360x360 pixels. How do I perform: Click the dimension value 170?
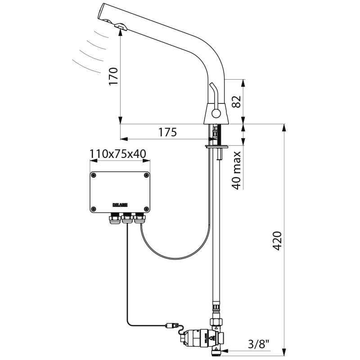point(114,76)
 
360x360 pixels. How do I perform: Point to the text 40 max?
point(237,170)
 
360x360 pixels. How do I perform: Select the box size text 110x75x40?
point(117,154)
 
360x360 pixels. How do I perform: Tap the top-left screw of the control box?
point(94,175)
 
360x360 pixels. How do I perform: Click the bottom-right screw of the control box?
point(147,208)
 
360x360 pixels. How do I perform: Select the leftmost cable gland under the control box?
point(114,218)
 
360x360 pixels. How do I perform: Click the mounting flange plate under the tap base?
point(218,146)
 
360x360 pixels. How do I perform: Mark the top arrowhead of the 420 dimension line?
point(284,128)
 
